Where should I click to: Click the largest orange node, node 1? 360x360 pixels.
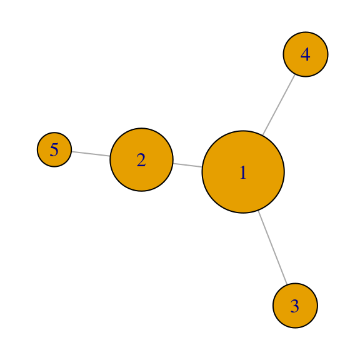tap(243, 172)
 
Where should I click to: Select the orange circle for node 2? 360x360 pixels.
tap(141, 159)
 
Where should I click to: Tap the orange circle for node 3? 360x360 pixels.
tap(295, 306)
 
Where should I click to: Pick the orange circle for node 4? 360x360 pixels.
tap(306, 54)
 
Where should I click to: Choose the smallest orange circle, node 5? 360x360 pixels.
tap(54, 149)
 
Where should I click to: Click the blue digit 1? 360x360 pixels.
tap(243, 172)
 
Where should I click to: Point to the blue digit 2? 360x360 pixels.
tap(141, 160)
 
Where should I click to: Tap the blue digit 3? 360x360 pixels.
tap(295, 306)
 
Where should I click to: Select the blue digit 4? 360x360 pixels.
tap(306, 54)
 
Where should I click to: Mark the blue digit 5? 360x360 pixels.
tap(54, 150)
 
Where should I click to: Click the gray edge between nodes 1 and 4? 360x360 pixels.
tap(279, 105)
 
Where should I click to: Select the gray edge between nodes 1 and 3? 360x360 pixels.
tap(272, 247)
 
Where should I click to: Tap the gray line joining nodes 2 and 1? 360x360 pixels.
tap(187, 165)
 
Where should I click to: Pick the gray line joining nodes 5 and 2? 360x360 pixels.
tap(91, 154)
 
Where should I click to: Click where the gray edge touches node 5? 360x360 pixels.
tap(72, 151)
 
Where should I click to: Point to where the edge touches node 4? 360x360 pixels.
tap(294, 74)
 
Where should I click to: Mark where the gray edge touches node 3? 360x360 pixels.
tap(287, 284)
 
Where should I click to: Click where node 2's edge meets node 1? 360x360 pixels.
tap(202, 167)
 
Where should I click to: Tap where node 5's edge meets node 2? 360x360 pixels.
tap(110, 156)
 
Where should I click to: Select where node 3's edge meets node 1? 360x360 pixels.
tap(259, 211)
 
